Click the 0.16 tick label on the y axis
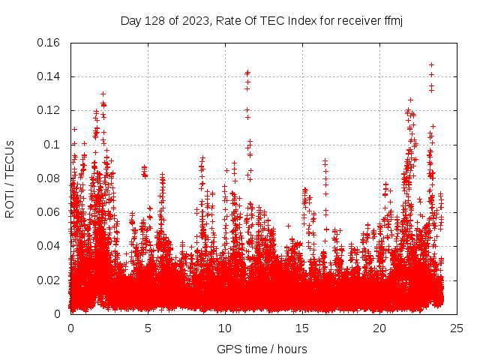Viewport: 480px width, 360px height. pos(49,43)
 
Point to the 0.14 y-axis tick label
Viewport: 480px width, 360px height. pos(49,76)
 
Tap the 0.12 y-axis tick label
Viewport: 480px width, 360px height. pos(49,110)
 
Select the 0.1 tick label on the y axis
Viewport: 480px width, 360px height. pos(54,144)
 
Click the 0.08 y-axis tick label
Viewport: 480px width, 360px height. pos(49,178)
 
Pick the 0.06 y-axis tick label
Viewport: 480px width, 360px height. pos(49,212)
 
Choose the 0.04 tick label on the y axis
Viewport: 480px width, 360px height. pos(49,246)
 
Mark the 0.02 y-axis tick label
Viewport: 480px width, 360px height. pos(49,280)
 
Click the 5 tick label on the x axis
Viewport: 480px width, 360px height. pos(148,328)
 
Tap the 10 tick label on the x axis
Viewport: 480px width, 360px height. pos(225,328)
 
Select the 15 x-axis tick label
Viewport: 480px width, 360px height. pos(302,328)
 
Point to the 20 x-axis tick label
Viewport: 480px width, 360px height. pos(379,328)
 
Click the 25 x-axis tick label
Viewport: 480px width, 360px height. pos(457,328)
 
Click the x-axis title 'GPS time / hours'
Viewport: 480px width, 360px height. pos(262,349)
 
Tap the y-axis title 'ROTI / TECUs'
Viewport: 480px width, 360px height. pos(10,178)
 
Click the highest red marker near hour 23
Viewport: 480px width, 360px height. pos(431,64)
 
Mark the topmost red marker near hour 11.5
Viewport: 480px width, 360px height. pos(247,73)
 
